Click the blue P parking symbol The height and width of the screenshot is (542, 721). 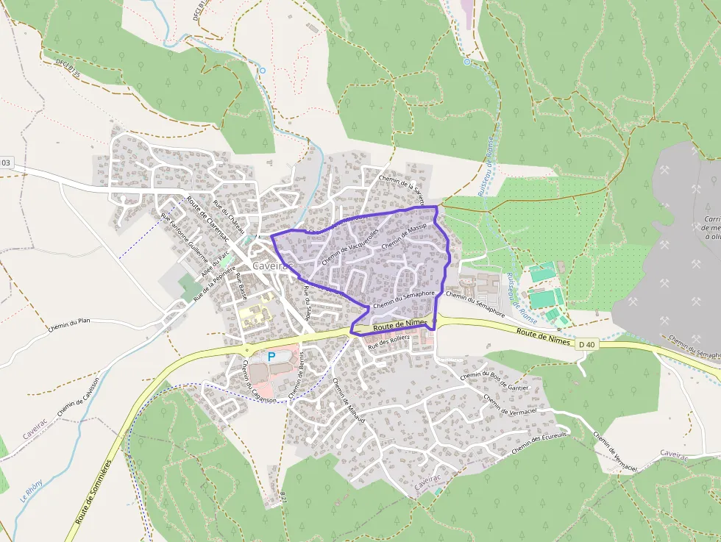tap(271, 357)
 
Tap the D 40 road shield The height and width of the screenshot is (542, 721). tap(586, 344)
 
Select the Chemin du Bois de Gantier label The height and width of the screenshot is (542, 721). tap(494, 381)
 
